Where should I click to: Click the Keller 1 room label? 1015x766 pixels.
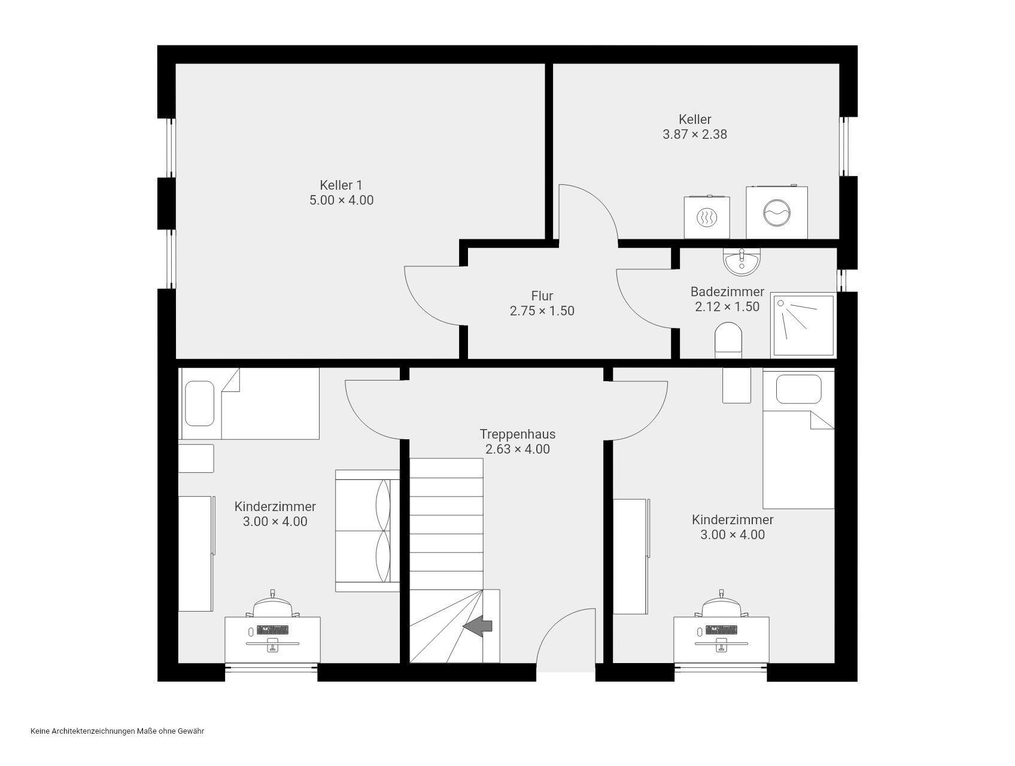[x=341, y=185]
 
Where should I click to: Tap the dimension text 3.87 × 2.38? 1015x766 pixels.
[x=695, y=134]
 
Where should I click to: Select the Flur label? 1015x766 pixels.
[x=542, y=296]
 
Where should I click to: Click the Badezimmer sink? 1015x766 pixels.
[x=742, y=262]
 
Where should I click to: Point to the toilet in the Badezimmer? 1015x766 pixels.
[x=728, y=341]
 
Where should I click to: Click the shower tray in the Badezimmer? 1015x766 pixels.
[x=803, y=325]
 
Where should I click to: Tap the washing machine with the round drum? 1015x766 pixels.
[x=777, y=212]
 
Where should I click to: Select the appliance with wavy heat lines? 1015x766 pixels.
[x=707, y=217]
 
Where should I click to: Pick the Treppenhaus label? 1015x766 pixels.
[x=518, y=434]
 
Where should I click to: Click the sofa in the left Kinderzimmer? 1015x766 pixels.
[x=367, y=531]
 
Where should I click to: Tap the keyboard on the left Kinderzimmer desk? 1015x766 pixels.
[x=272, y=630]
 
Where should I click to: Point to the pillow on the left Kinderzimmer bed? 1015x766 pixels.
[x=200, y=404]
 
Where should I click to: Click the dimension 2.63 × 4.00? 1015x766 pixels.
[x=518, y=449]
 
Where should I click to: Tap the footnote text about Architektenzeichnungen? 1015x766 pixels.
[x=117, y=731]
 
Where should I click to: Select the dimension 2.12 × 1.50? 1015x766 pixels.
[x=727, y=306]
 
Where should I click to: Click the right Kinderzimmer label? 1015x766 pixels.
[x=733, y=519]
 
